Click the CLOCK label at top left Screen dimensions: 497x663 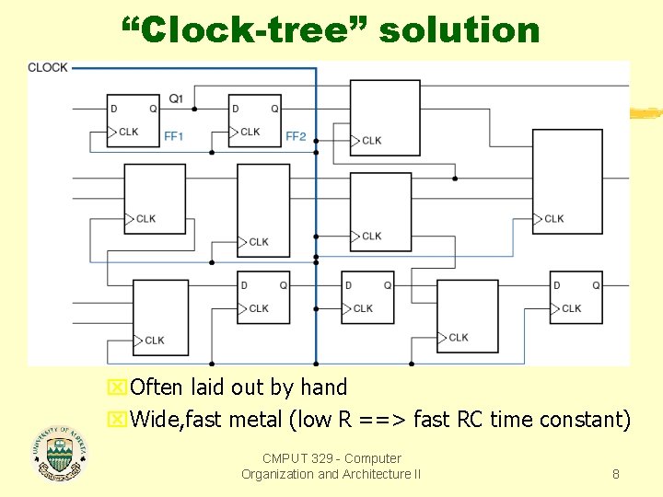pyautogui.click(x=48, y=67)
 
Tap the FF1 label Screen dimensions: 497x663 pyautogui.click(x=174, y=136)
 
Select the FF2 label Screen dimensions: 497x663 pyautogui.click(x=296, y=136)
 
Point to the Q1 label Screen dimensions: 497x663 pyautogui.click(x=176, y=98)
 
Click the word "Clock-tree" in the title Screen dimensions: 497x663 pyautogui.click(x=246, y=30)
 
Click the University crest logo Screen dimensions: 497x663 pyautogui.click(x=58, y=454)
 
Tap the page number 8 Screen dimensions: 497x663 pyautogui.click(x=616, y=474)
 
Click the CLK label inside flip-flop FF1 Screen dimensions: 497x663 pyautogui.click(x=129, y=132)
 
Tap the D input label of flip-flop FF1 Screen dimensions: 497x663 pyautogui.click(x=113, y=109)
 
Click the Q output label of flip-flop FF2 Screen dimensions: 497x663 pyautogui.click(x=274, y=109)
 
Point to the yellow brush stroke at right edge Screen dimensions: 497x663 pyautogui.click(x=646, y=113)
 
